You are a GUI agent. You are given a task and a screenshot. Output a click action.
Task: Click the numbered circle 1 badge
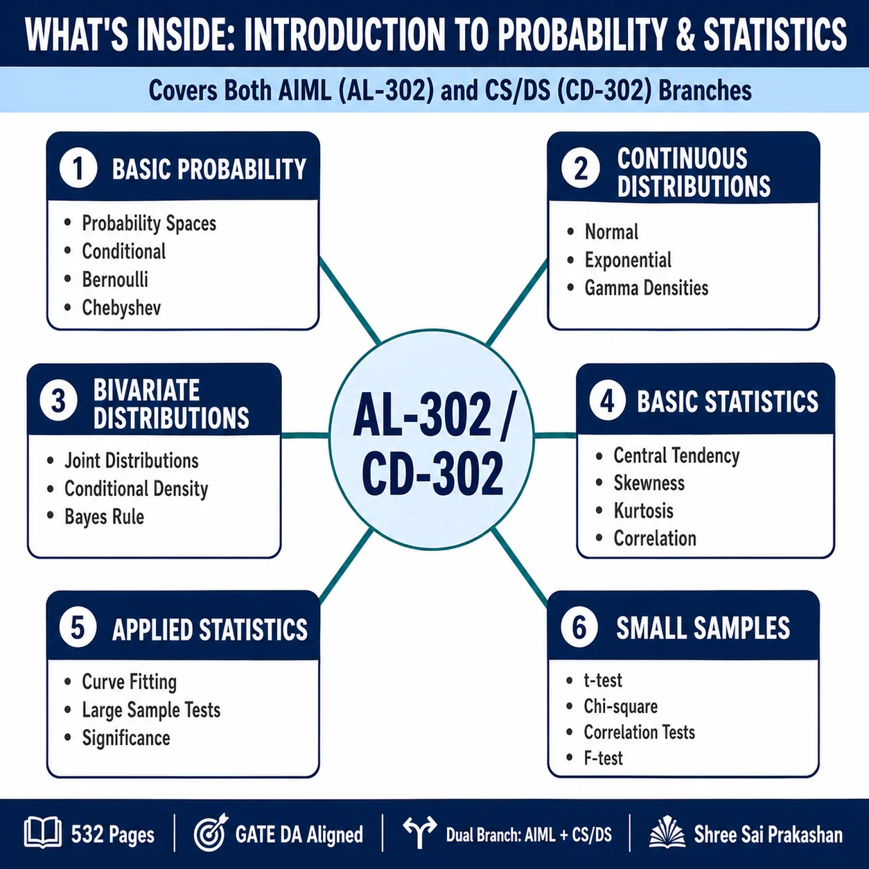coord(78,168)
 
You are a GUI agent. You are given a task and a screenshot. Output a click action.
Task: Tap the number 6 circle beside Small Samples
coord(579,626)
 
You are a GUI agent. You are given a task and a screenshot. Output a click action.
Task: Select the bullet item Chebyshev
coord(121,308)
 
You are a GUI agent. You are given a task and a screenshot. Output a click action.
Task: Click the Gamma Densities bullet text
coord(647,288)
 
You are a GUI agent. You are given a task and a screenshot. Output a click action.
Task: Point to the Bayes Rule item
coord(104,517)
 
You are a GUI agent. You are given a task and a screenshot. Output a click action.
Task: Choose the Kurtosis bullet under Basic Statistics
coord(643,511)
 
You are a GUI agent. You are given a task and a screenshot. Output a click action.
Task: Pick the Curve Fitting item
coord(129,682)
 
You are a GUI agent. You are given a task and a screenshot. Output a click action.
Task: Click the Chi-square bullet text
coord(620,707)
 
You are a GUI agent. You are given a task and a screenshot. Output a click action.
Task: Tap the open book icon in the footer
coord(43,832)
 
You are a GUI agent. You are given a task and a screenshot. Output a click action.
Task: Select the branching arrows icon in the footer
coord(420,832)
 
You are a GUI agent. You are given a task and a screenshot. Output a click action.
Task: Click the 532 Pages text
coord(113,834)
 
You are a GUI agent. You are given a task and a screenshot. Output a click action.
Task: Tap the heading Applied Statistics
coord(210,629)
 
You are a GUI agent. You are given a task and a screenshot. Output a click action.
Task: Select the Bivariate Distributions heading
coord(171,403)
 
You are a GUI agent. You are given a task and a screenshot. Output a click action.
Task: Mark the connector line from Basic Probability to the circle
coord(350,300)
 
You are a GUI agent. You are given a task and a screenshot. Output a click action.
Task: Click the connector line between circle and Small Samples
coord(520,567)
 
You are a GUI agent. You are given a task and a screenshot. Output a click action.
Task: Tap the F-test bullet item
coord(603,758)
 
